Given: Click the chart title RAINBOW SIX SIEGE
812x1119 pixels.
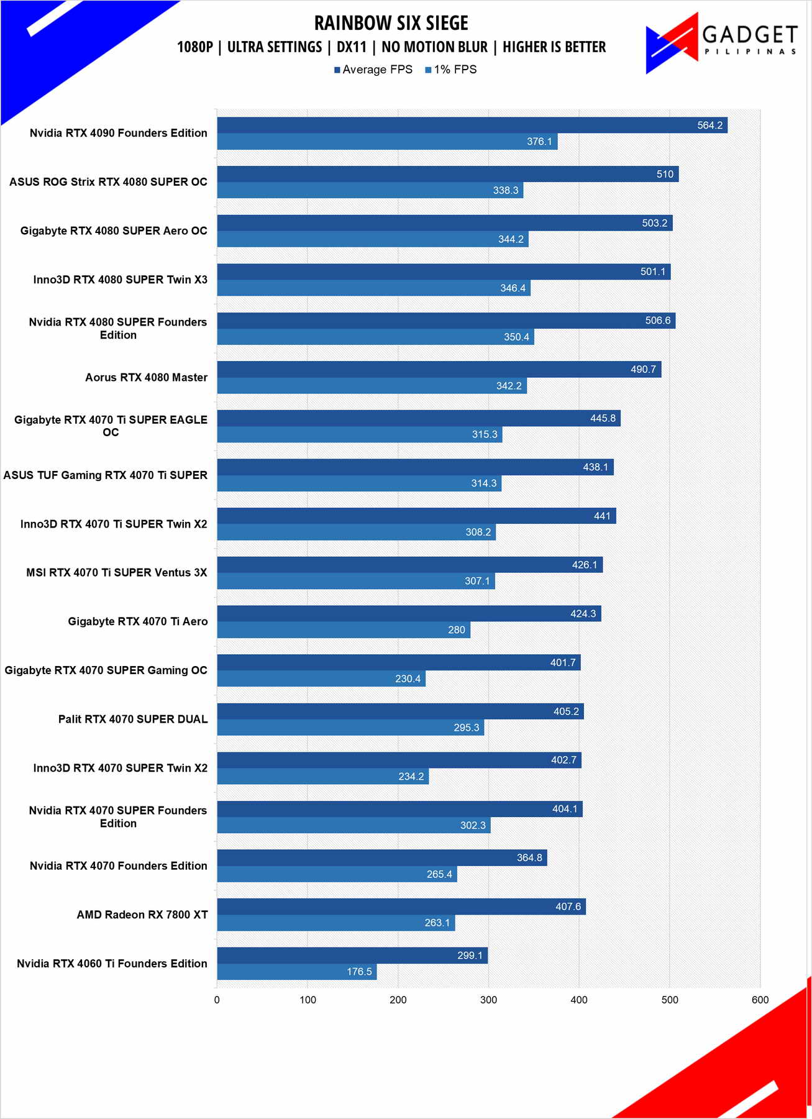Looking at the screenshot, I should point(391,23).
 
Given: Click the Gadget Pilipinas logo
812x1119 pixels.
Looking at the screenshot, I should point(721,42).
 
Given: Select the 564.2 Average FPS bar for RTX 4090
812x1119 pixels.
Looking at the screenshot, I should point(472,125).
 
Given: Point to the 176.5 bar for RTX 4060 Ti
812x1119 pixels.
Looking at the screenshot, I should point(296,972).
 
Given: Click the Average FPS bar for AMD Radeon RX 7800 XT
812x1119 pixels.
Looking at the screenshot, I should point(401,907).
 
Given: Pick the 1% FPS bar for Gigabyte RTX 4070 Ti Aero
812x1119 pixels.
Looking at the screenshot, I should point(344,630).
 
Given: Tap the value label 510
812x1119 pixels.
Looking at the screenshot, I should point(665,174).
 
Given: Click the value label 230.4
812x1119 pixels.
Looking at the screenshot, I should point(408,678).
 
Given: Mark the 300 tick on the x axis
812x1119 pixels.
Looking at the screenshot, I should point(488,1000).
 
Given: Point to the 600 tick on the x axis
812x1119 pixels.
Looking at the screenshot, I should point(760,1000).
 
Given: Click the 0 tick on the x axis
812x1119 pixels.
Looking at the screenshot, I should point(217,1000).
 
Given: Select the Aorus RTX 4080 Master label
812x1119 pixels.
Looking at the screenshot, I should point(146,377).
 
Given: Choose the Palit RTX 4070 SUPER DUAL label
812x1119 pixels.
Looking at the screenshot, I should point(133,719).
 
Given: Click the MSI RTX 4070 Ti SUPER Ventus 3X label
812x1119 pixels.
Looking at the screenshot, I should point(116,572).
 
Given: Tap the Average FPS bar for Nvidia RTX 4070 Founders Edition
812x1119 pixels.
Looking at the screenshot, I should point(381,857).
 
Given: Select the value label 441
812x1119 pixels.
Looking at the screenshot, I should point(602,516).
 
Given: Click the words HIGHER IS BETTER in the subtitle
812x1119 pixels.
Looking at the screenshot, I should point(554,47).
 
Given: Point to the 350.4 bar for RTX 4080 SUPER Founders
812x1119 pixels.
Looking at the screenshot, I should point(375,337).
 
